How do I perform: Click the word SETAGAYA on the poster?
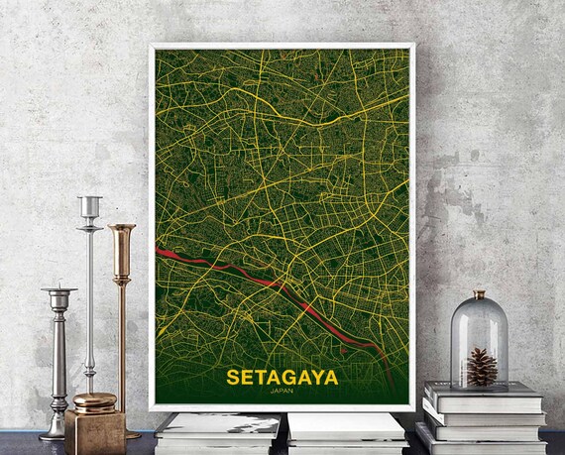click(x=282, y=378)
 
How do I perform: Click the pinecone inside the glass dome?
click(x=481, y=367)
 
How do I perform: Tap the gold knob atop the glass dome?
click(x=479, y=295)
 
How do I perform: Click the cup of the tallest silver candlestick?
click(x=90, y=206)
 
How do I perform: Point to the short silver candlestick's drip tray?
click(x=58, y=290)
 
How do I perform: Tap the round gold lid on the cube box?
click(x=94, y=401)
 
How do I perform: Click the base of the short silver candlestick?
click(x=55, y=433)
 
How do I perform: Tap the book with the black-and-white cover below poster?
click(x=218, y=424)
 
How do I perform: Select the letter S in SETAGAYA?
click(x=233, y=378)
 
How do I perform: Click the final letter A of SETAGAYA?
click(x=330, y=378)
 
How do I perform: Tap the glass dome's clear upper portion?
click(x=479, y=322)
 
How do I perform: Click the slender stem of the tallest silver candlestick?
click(x=89, y=297)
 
